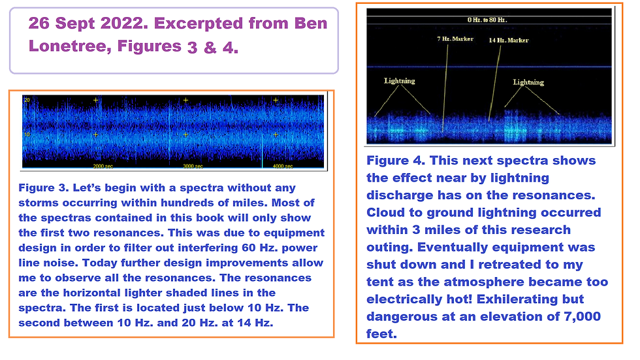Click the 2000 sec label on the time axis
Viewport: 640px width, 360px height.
[103, 166]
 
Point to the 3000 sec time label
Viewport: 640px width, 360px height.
[193, 166]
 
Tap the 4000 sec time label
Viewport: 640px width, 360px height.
[282, 166]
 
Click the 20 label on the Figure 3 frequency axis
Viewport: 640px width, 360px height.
[27, 100]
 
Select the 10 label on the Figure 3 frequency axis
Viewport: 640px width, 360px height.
[27, 135]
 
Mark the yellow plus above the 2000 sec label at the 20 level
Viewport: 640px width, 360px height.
[95, 100]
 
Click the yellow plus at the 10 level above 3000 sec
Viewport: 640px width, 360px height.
[185, 135]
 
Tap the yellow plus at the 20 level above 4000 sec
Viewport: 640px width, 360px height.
[276, 100]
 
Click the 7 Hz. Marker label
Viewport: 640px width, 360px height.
[455, 39]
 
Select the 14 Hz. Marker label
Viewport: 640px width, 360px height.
[509, 40]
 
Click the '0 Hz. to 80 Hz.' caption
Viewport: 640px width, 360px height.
[487, 20]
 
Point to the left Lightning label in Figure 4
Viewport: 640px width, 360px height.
[399, 81]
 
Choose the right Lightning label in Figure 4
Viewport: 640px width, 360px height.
[528, 82]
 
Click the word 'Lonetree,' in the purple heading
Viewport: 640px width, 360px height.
[70, 46]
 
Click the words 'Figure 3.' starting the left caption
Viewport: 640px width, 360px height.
[44, 188]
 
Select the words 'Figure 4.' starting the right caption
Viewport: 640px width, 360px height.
[396, 161]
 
